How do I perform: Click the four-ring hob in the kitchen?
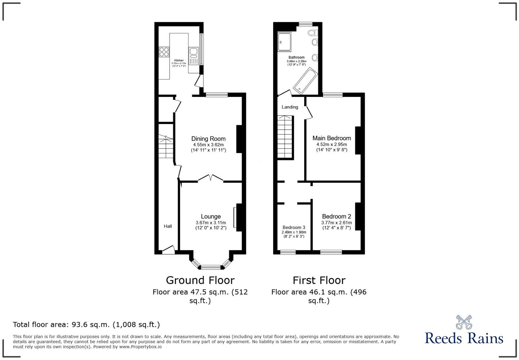164,52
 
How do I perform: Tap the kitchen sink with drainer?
193,56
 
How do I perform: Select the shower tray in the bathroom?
284,42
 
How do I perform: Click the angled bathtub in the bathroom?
305,79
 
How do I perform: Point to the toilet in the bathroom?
312,33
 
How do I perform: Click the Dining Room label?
208,139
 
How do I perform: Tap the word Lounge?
211,217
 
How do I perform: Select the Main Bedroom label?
332,138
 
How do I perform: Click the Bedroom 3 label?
294,227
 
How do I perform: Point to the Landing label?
290,107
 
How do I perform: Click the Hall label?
168,226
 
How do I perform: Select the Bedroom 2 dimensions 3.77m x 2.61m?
336,223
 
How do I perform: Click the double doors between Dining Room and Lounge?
211,178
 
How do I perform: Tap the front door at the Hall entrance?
168,250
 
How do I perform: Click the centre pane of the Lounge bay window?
211,267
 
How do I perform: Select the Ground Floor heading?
200,280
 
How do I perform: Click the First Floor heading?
319,280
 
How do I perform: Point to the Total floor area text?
86,325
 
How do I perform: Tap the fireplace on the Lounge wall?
235,217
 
